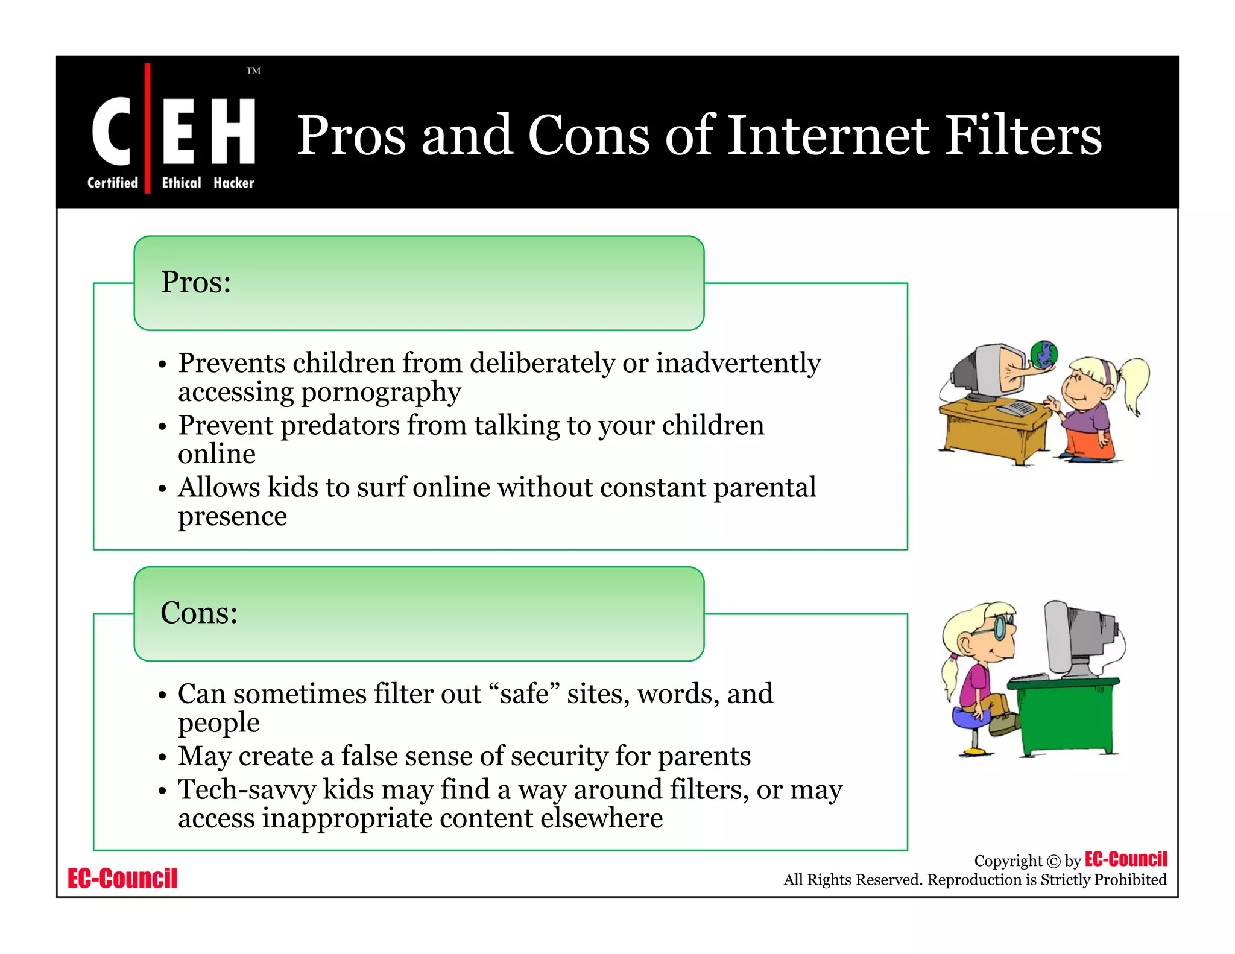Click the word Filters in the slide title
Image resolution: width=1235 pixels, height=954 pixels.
click(x=1023, y=135)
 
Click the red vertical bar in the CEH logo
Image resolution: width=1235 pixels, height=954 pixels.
click(x=147, y=128)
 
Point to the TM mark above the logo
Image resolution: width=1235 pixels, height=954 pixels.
click(x=253, y=71)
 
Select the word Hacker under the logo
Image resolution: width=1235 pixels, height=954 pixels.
click(x=234, y=183)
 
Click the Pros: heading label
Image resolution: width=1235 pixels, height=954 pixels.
click(x=196, y=282)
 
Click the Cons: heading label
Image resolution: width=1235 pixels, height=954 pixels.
click(x=199, y=613)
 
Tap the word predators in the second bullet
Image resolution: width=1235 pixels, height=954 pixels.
click(x=340, y=425)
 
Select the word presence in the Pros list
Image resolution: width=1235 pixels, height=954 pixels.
click(x=232, y=516)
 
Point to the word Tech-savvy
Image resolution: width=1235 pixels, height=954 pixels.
click(x=247, y=790)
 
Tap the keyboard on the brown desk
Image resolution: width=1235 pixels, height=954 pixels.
click(x=1017, y=408)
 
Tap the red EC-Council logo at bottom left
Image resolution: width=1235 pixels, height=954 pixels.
click(x=122, y=879)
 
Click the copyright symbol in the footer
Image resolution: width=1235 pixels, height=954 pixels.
click(x=1053, y=861)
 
